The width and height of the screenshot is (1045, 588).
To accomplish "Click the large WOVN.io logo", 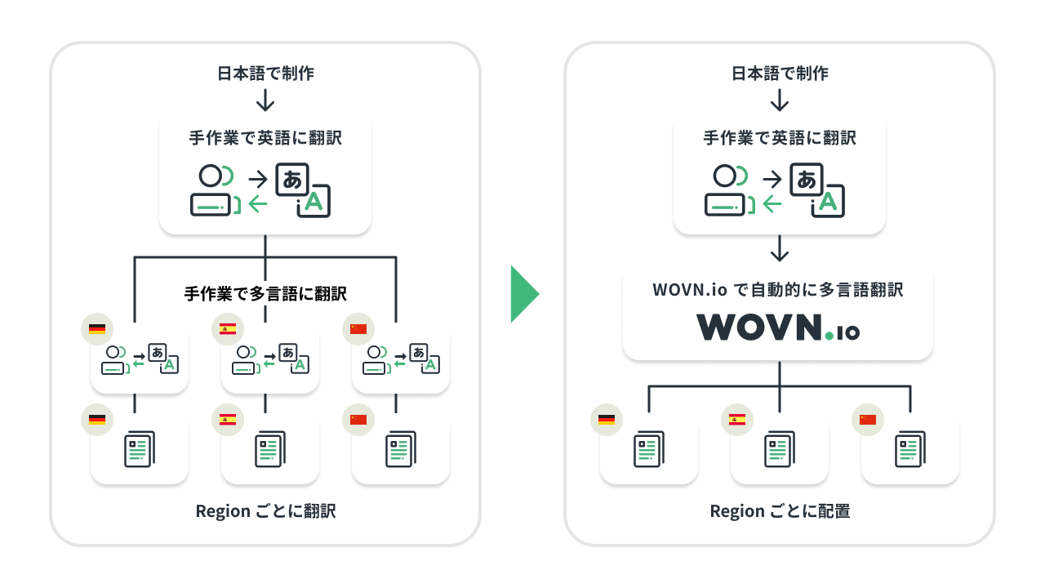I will (x=777, y=327).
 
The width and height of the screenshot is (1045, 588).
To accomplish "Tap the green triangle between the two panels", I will (x=524, y=294).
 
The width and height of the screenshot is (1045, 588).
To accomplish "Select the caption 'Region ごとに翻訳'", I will (x=265, y=511).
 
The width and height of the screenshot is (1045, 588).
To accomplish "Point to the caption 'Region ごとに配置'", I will (x=780, y=511).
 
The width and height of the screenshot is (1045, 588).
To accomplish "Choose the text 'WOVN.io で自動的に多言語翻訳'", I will (x=778, y=290).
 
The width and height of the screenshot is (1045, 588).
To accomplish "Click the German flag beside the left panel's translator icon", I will (x=97, y=329).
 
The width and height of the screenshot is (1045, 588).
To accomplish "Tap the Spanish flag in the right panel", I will (x=737, y=420).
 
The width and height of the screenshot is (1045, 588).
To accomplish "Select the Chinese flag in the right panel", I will (x=868, y=420).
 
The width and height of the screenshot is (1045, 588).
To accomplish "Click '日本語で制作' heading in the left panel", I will (x=265, y=73).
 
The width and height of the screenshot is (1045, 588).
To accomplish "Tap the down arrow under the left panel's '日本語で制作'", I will (x=265, y=100).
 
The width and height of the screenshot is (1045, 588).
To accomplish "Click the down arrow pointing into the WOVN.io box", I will (x=780, y=248).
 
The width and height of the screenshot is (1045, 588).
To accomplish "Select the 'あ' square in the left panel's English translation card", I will (x=292, y=180).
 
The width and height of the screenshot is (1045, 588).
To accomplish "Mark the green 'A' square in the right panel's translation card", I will (x=828, y=202).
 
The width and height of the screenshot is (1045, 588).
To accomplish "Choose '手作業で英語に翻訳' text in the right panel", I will (x=780, y=138).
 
